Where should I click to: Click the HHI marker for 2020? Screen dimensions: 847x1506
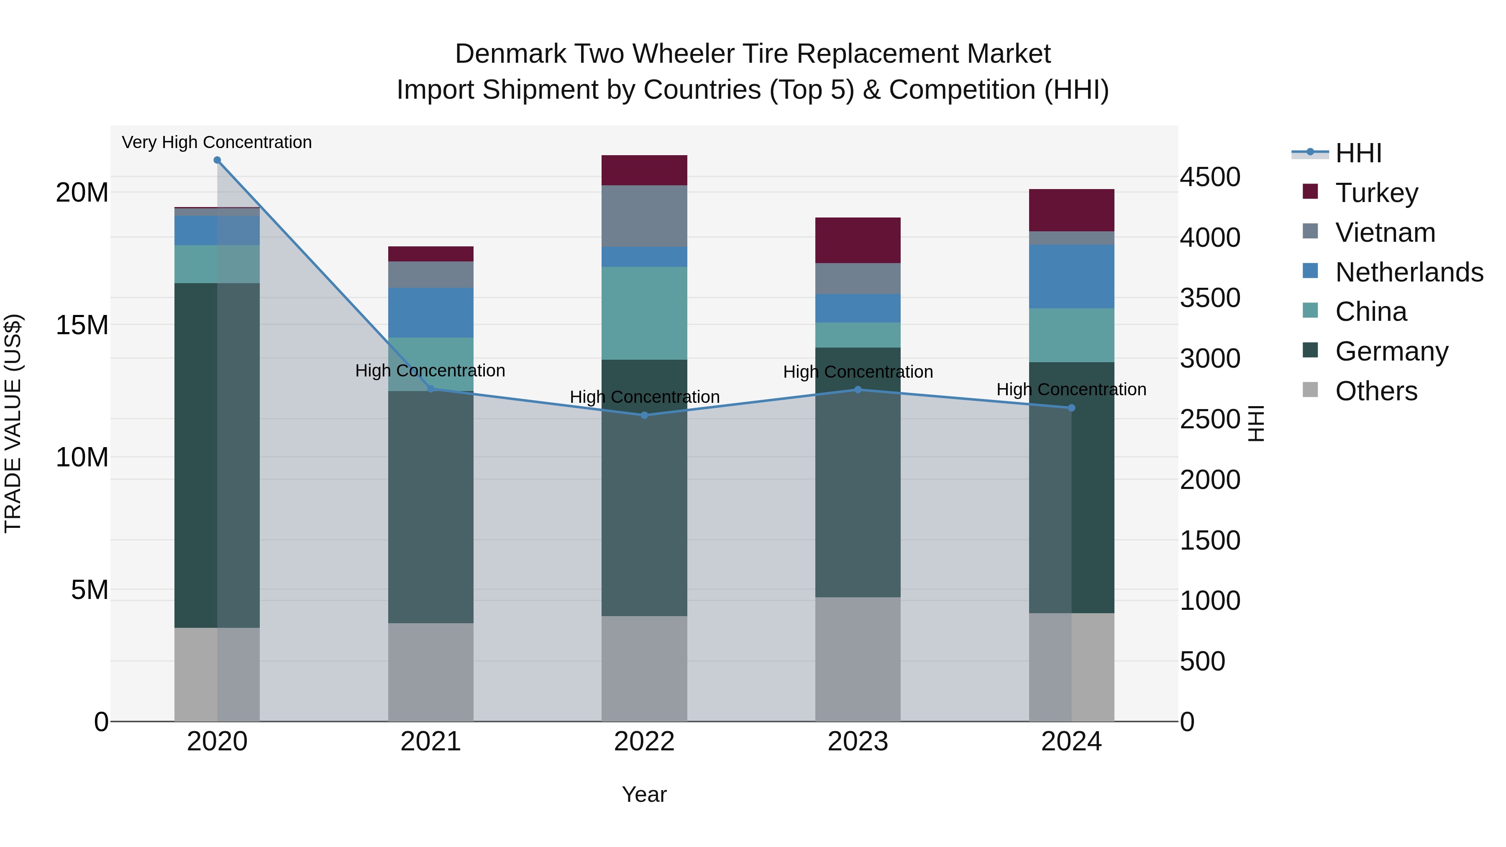[x=217, y=160]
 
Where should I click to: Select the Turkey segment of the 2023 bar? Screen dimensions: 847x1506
[x=858, y=240]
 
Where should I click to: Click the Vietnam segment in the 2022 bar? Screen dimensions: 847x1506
[x=644, y=216]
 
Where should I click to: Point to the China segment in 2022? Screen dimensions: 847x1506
[x=644, y=313]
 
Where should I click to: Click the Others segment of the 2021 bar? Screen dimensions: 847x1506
[x=430, y=672]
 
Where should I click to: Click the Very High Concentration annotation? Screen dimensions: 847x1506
[x=217, y=142]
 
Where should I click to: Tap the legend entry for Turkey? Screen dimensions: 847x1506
[x=1377, y=193]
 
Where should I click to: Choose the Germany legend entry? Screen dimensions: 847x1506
[x=1391, y=351]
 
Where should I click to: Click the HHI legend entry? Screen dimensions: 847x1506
[x=1358, y=153]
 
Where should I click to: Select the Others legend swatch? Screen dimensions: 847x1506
[x=1310, y=390]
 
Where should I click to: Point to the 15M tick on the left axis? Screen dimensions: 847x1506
[x=82, y=325]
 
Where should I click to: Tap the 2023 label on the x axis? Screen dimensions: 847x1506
[x=858, y=742]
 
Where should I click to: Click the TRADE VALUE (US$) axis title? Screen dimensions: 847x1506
[x=13, y=423]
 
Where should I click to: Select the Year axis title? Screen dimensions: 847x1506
[x=644, y=794]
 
